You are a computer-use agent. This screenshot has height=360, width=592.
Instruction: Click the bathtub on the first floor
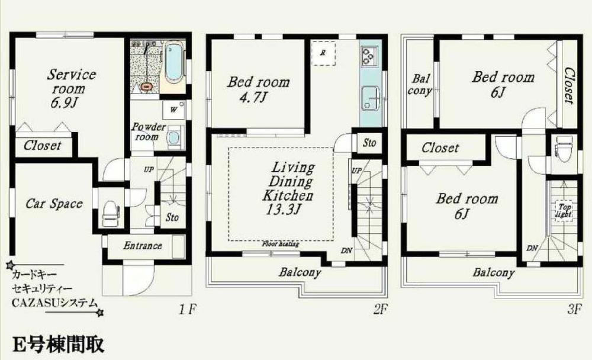coord(174,63)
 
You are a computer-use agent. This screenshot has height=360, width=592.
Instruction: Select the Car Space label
coord(54,204)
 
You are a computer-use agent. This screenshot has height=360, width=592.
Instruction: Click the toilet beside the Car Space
coord(111,213)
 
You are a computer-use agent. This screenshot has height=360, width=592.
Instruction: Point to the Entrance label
coord(143,245)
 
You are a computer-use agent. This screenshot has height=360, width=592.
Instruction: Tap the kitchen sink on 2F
coord(371,95)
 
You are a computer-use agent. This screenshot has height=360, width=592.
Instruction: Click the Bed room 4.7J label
coord(259,89)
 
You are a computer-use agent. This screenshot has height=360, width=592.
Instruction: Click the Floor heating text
coord(280,243)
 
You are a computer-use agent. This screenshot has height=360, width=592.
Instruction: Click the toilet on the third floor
coord(562,146)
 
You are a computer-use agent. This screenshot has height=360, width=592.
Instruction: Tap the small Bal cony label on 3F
coord(422,85)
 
